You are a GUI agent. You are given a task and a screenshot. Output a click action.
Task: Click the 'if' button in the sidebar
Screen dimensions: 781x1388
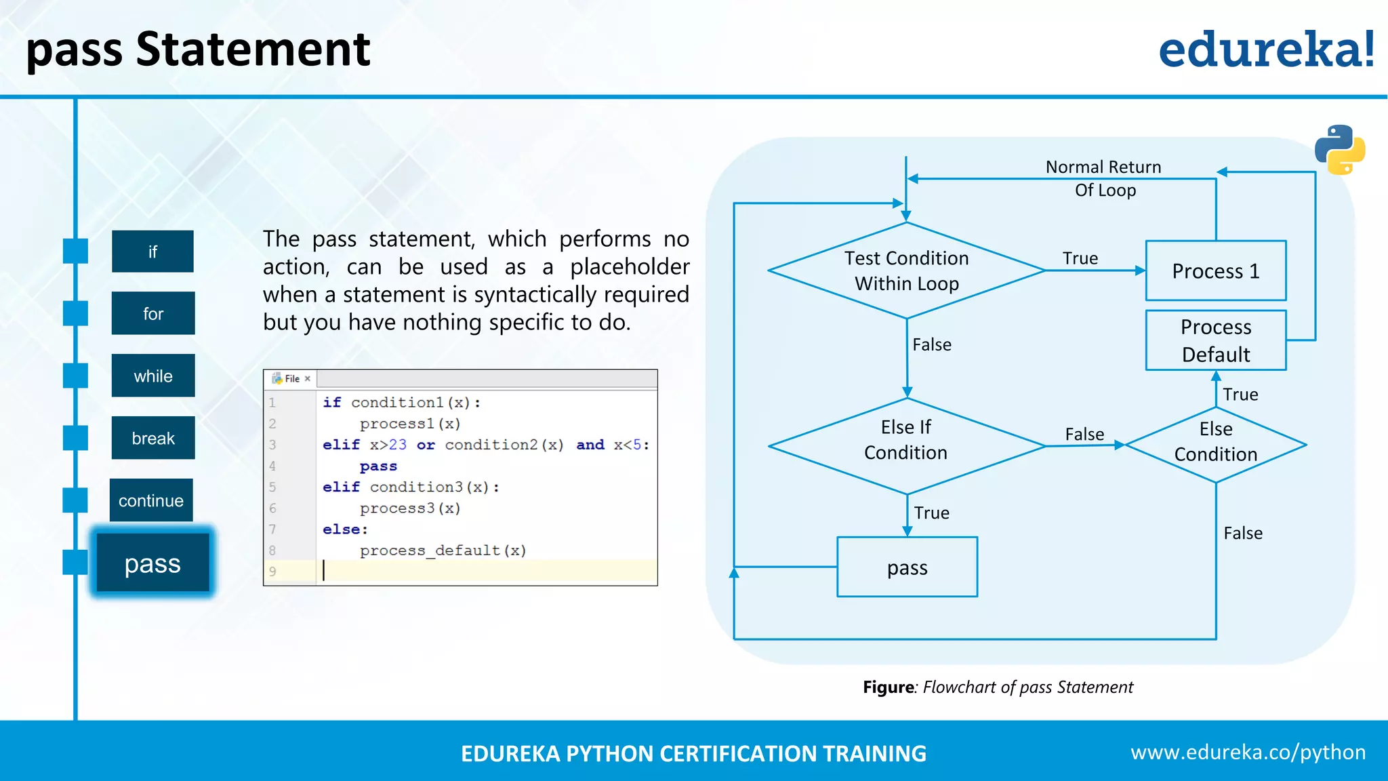[152, 252]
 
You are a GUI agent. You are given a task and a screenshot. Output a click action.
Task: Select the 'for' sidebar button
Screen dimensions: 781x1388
[153, 313]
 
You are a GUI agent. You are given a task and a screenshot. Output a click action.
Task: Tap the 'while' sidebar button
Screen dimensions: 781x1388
[153, 376]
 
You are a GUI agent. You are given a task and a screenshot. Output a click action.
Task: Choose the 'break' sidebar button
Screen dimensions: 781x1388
[153, 438]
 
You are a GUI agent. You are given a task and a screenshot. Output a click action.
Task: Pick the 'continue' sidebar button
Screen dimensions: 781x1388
[151, 500]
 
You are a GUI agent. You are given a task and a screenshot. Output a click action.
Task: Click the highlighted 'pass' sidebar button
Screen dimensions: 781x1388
[152, 563]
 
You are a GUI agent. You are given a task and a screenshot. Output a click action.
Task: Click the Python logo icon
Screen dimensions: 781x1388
[1340, 150]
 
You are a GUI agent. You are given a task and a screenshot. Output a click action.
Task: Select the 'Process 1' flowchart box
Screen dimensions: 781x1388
[1216, 271]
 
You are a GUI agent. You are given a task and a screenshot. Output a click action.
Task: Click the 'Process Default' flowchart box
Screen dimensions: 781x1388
[1216, 340]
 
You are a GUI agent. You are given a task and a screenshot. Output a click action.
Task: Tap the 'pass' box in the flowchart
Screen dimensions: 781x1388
[907, 567]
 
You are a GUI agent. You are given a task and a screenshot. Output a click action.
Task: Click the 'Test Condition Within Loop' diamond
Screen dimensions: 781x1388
[907, 271]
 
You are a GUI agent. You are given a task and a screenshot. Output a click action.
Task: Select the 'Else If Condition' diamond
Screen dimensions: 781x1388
[907, 446]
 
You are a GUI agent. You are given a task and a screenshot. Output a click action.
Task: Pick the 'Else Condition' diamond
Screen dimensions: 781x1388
[1216, 445]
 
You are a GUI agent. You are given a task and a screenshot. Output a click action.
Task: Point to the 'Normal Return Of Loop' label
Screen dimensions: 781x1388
[1104, 178]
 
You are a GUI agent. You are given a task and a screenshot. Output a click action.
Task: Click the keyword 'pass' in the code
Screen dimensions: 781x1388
[378, 466]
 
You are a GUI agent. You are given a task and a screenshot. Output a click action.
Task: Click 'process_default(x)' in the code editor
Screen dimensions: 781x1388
[443, 550]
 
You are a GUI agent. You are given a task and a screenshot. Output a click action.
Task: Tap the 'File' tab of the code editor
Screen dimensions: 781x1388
[292, 378]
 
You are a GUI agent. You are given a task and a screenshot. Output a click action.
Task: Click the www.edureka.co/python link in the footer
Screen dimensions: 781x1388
[1248, 752]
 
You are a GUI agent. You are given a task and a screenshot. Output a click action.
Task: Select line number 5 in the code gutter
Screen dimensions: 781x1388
[272, 487]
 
